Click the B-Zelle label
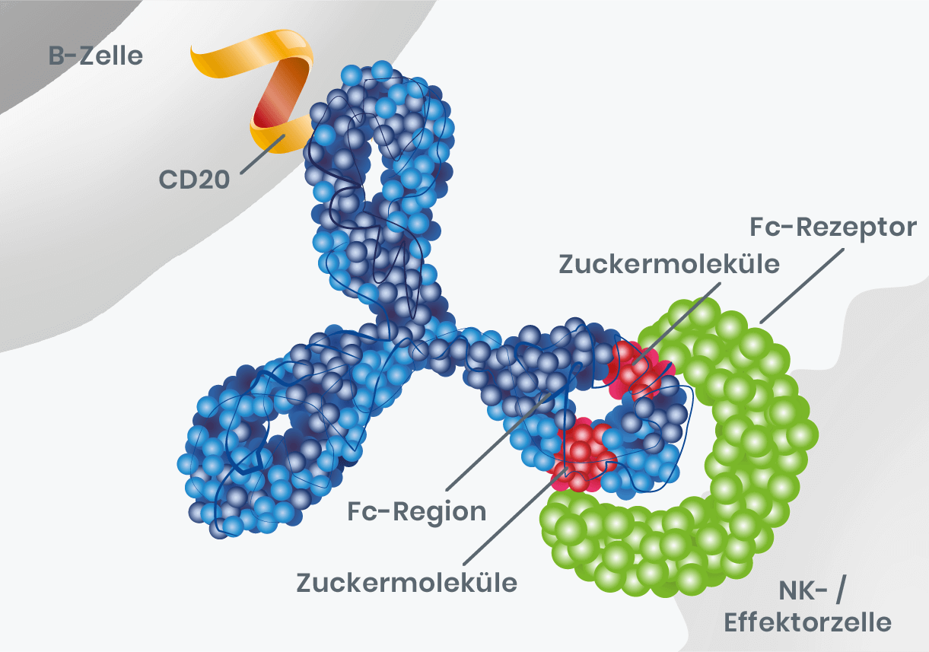click(96, 56)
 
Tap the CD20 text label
click(194, 180)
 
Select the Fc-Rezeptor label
click(833, 228)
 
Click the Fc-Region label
click(416, 511)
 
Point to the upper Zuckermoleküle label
click(669, 264)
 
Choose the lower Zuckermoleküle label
click(406, 583)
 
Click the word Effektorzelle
click(807, 622)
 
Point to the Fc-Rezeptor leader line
click(803, 286)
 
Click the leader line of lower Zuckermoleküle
click(514, 517)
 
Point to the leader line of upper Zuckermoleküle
click(679, 324)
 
